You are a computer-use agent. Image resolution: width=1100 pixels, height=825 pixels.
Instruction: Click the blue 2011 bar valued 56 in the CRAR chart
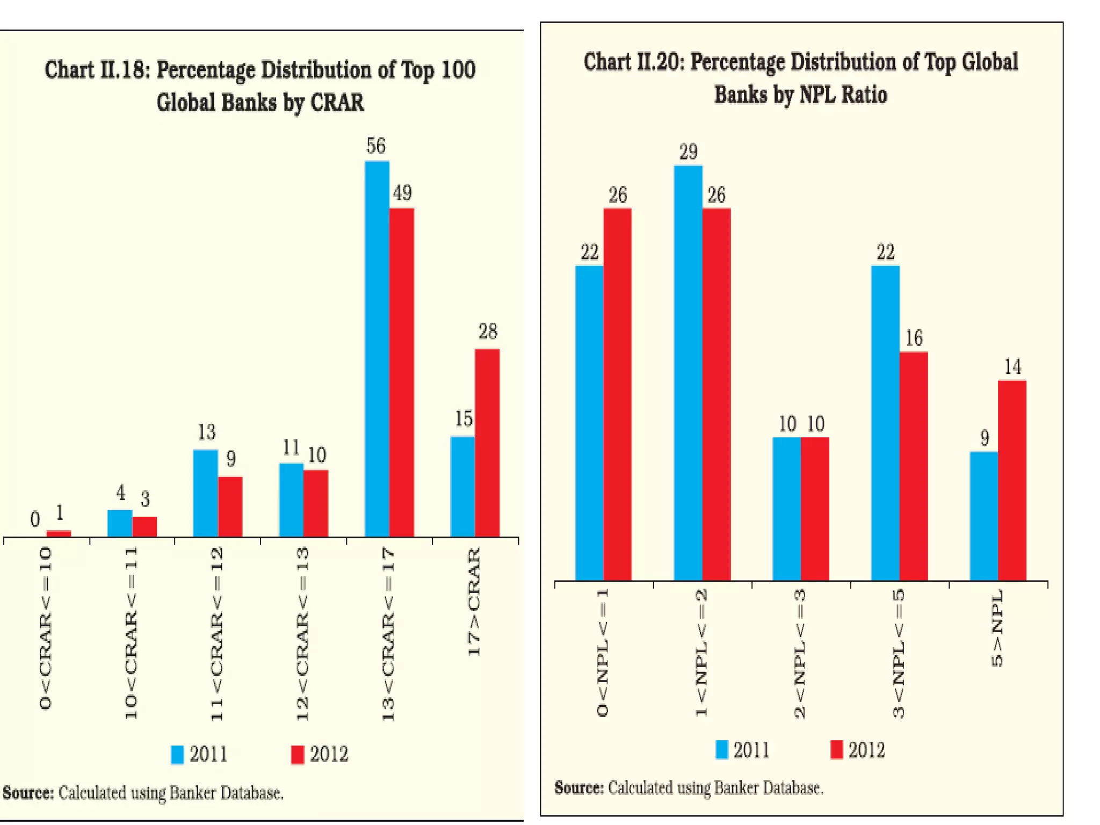[377, 349]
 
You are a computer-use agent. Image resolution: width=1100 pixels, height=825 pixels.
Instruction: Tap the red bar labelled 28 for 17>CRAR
[487, 443]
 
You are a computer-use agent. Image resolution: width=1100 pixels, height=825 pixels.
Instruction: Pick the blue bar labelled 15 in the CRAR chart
[462, 487]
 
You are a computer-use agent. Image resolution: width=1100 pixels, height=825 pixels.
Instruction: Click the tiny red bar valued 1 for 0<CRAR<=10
[59, 533]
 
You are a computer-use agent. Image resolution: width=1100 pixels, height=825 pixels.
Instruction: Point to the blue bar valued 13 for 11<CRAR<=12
[206, 493]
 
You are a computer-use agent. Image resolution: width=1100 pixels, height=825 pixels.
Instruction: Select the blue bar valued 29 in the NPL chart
[688, 373]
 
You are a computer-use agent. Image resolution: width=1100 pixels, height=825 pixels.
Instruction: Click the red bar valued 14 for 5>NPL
[1012, 481]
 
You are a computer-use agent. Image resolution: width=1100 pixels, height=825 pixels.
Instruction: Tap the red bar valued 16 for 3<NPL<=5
[914, 466]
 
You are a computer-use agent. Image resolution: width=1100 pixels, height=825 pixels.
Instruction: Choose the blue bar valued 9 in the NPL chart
[984, 516]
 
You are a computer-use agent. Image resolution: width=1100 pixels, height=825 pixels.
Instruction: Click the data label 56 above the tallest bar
[376, 146]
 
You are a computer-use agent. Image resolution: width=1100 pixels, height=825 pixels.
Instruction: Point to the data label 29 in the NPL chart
[688, 152]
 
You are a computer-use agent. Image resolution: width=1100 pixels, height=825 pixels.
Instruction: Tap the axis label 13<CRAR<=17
[389, 634]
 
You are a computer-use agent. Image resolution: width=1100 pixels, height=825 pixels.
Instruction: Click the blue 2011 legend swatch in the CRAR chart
[177, 755]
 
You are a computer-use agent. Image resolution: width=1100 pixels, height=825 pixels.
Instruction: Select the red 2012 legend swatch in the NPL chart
[836, 749]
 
